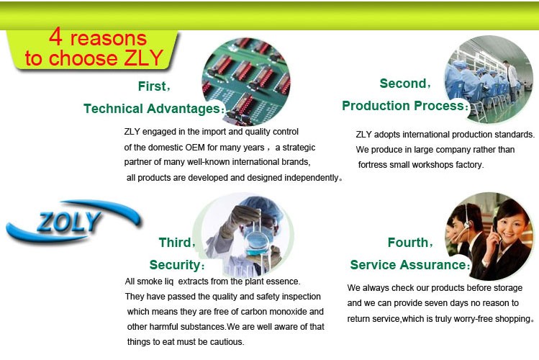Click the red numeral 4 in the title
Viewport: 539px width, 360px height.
click(x=55, y=37)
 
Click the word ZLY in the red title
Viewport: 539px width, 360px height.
click(x=143, y=58)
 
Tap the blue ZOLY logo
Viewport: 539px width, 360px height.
click(x=73, y=221)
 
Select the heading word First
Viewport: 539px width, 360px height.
click(x=152, y=86)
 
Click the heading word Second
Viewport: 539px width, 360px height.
click(x=403, y=84)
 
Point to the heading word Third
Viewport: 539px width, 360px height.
click(x=175, y=243)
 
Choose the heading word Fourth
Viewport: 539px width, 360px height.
click(x=408, y=243)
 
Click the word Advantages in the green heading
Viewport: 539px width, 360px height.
click(x=184, y=109)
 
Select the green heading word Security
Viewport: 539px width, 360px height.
click(x=175, y=265)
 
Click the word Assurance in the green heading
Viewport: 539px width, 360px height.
click(x=432, y=265)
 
